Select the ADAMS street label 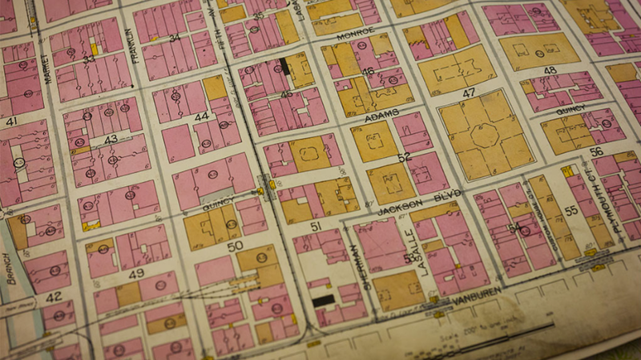[381, 117]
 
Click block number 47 [470, 93]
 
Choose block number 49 [136, 273]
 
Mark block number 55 [571, 210]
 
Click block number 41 [11, 121]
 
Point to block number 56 [595, 151]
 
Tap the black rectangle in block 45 [284, 67]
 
